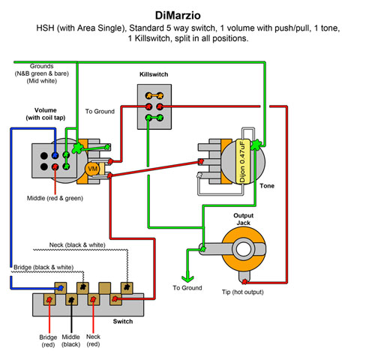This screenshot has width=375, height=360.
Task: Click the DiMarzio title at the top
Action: [178, 16]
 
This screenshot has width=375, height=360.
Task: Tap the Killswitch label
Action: [154, 74]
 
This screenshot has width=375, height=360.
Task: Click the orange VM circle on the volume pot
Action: [92, 169]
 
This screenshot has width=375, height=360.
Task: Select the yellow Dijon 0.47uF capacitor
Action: [243, 161]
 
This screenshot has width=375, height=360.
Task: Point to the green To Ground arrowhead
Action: [187, 277]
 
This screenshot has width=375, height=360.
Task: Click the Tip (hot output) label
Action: [243, 292]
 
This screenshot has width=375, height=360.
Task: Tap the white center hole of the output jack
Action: [244, 249]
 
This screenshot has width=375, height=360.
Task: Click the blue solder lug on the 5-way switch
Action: [61, 288]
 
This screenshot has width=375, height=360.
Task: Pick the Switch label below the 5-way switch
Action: [123, 321]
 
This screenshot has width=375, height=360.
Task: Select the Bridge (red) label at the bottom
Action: [48, 340]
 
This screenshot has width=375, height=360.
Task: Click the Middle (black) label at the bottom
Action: [71, 340]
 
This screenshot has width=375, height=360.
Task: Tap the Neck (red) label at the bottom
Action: [93, 340]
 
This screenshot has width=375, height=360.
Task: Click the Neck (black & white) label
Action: [77, 244]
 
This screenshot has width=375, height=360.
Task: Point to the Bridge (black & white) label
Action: [43, 267]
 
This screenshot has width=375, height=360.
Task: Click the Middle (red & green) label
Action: [55, 198]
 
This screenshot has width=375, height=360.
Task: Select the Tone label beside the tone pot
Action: [267, 186]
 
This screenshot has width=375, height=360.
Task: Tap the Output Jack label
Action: [243, 219]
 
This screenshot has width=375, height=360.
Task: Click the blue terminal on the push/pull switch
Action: [55, 155]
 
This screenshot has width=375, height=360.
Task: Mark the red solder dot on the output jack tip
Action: [244, 282]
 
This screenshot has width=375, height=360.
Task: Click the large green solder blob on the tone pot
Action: [256, 145]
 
